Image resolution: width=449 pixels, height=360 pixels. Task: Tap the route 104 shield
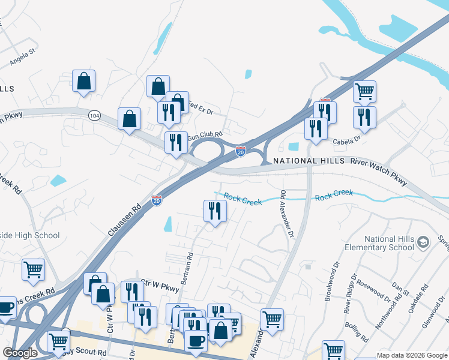click(94, 114)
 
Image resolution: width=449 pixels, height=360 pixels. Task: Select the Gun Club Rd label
click(205, 136)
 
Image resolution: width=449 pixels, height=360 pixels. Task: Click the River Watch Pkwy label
click(383, 161)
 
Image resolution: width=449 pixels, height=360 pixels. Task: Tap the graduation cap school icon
click(423, 242)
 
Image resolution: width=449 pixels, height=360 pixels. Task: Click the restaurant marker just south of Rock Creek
click(214, 211)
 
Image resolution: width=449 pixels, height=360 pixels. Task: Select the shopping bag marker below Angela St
click(83, 81)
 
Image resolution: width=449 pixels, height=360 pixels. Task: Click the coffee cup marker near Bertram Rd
click(196, 341)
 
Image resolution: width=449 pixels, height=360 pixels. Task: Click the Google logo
click(20, 353)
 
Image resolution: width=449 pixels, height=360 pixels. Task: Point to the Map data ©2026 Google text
click(412, 355)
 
